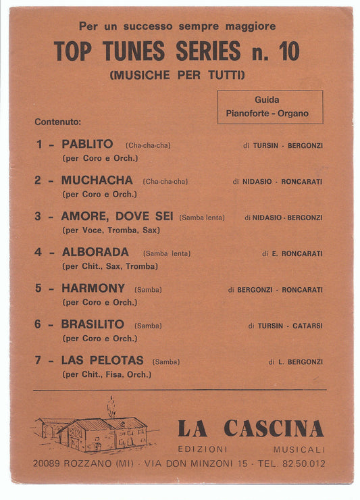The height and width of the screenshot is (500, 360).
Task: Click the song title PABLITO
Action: pyautogui.click(x=87, y=144)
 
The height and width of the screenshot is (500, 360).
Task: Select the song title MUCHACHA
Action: pyautogui.click(x=97, y=180)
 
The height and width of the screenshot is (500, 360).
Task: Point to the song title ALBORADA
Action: pyautogui.click(x=95, y=253)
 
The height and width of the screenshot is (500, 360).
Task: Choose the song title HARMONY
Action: pyautogui.click(x=93, y=289)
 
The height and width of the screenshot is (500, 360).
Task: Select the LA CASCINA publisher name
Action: pyautogui.click(x=251, y=428)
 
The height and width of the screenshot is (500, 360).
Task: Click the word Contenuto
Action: pyautogui.click(x=57, y=122)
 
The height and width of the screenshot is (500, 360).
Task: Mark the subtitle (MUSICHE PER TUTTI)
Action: pyautogui.click(x=176, y=74)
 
